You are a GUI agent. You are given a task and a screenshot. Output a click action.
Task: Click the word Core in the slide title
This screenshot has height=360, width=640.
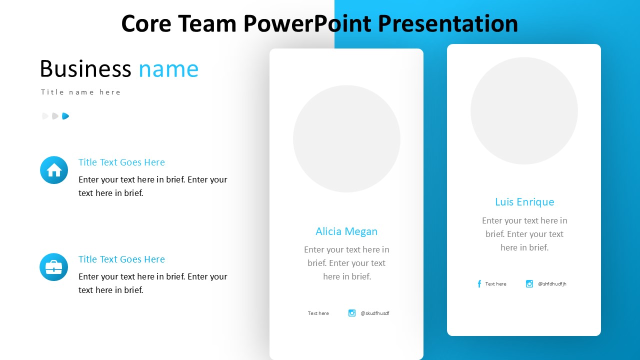[146, 23]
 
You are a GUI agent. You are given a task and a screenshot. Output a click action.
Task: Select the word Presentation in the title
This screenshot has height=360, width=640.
[447, 23]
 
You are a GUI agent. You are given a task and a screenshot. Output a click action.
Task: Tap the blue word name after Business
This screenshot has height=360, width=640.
[168, 69]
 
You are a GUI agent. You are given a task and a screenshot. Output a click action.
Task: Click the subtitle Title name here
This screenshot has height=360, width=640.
[81, 92]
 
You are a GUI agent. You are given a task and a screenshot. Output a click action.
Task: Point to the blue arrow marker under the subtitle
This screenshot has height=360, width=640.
[65, 116]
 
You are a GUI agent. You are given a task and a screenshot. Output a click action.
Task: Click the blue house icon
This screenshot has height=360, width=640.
[54, 170]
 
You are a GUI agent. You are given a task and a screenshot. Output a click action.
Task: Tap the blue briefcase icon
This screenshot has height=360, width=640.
[54, 267]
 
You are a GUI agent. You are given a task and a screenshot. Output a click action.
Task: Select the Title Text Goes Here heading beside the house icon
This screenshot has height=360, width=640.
[121, 162]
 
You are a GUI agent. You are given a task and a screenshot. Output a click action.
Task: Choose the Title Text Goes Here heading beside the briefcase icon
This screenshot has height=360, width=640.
[121, 259]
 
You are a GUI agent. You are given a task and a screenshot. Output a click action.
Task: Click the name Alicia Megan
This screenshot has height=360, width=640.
[346, 231]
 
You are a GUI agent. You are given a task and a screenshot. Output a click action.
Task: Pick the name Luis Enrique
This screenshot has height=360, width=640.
[524, 202]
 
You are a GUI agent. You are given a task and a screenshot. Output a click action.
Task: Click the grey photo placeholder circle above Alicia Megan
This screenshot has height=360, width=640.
[346, 139]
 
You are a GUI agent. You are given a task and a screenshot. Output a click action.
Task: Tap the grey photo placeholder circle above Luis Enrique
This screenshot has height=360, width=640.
[524, 111]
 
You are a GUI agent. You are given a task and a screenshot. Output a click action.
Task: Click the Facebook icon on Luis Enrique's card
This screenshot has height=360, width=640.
[479, 283]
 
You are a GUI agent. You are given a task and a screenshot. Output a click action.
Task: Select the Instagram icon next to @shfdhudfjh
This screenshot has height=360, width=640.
[529, 283]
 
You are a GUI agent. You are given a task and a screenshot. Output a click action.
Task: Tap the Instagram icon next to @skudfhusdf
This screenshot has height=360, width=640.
[352, 313]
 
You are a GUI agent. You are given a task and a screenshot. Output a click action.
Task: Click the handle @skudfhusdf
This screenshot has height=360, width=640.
[375, 313]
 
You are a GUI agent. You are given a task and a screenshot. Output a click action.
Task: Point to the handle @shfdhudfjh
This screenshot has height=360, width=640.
[552, 283]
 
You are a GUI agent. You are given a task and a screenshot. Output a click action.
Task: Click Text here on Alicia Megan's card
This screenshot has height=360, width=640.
[318, 313]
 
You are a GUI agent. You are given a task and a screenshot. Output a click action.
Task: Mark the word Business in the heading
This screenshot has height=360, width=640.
[85, 69]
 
